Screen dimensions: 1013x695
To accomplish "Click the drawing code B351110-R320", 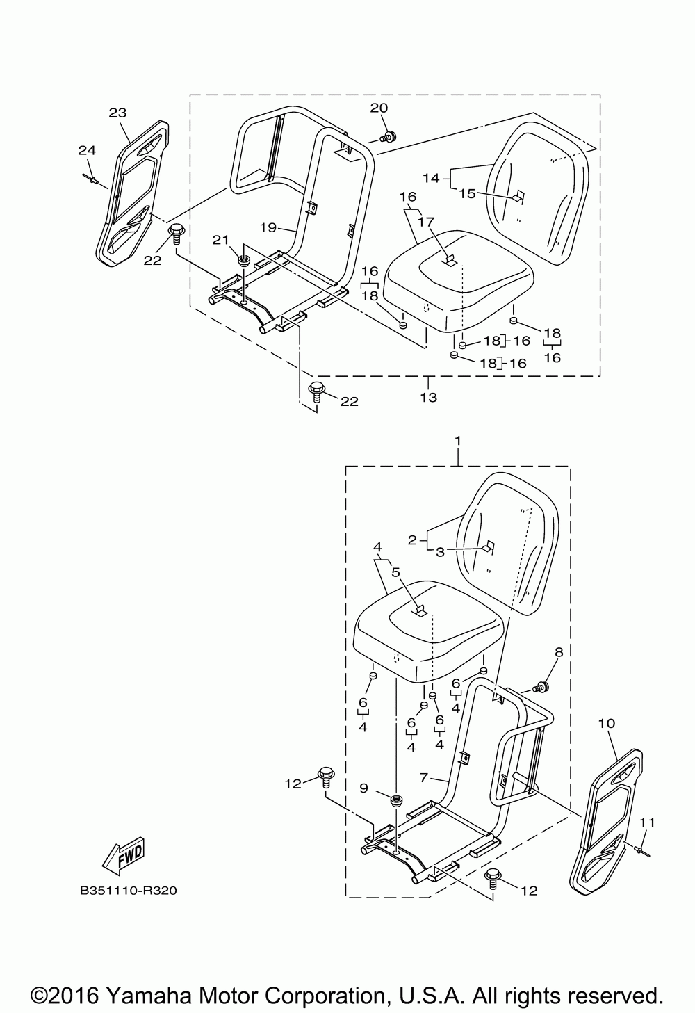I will tap(128, 890).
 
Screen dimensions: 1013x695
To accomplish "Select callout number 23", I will tap(118, 112).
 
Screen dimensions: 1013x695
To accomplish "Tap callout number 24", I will tap(86, 150).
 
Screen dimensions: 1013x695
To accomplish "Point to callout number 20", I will tap(379, 108).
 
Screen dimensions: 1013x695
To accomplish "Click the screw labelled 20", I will tap(391, 136).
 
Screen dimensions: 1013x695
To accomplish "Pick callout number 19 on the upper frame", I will tap(268, 227).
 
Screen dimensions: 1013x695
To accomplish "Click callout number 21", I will tap(220, 240).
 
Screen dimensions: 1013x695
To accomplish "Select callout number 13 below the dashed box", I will tap(428, 397).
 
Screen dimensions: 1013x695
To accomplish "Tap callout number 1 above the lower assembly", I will tap(458, 441).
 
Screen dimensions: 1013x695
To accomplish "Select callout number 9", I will tap(363, 788).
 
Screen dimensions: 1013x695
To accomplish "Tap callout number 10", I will tap(606, 723).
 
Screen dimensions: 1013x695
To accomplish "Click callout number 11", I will tap(647, 822).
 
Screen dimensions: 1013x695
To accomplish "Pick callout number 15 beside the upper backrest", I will tap(467, 193).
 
